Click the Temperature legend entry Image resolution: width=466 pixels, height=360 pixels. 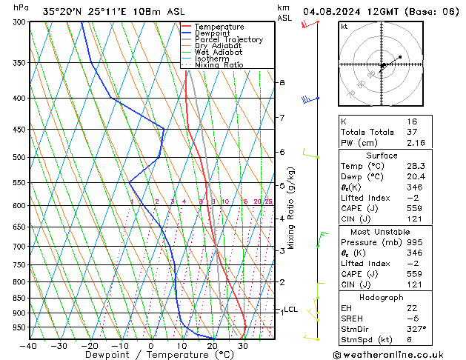220,27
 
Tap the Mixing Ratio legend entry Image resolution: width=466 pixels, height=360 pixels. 219,65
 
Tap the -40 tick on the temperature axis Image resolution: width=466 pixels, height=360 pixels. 29,346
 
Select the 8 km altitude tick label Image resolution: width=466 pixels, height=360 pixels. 282,82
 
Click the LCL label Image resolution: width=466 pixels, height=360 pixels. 291,310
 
